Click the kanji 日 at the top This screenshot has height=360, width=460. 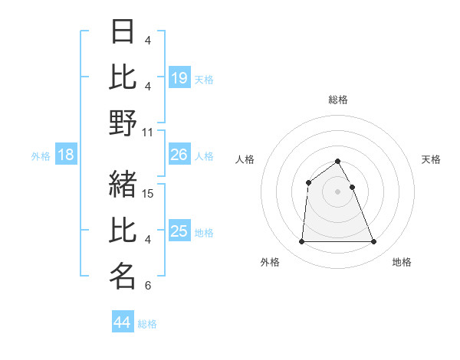pos(123,33)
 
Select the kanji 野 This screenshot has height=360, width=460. pos(123,123)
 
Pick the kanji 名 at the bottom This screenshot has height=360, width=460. pos(123,277)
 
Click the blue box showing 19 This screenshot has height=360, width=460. pos(179,78)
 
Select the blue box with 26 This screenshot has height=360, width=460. pos(179,155)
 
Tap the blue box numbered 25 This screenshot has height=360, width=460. pos(179,231)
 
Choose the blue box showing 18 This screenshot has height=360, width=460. pos(66,155)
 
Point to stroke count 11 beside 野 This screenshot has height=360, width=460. pos(149,132)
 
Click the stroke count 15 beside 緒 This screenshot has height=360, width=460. pos(149,193)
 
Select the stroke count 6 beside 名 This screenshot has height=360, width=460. pos(147,286)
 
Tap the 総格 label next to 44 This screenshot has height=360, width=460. pos(147,324)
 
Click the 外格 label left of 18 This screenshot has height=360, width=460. pos(41,156)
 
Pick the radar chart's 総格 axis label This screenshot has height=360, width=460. pos(337,100)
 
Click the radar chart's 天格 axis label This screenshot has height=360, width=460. pos(431,159)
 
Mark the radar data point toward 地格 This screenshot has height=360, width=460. pos(373,242)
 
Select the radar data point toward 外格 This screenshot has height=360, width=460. pos(301,242)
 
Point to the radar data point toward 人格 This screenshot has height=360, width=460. pos(308,182)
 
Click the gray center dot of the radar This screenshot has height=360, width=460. pos(337,191)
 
